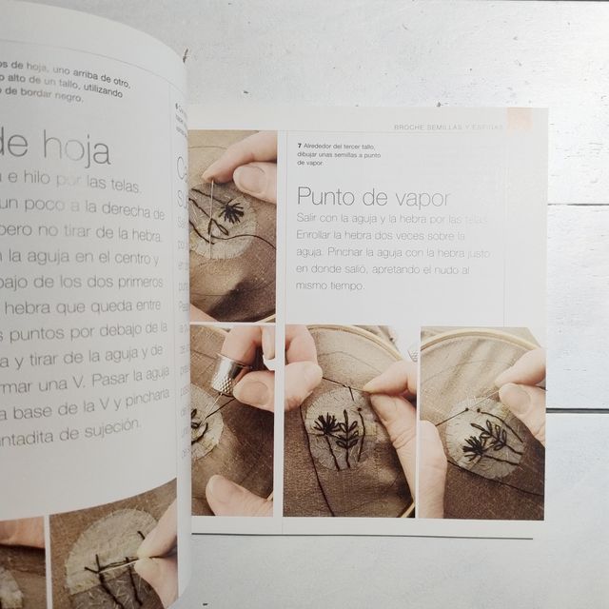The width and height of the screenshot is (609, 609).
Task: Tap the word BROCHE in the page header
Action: [x=412, y=128]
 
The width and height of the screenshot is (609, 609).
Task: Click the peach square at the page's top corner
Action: [x=518, y=118]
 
